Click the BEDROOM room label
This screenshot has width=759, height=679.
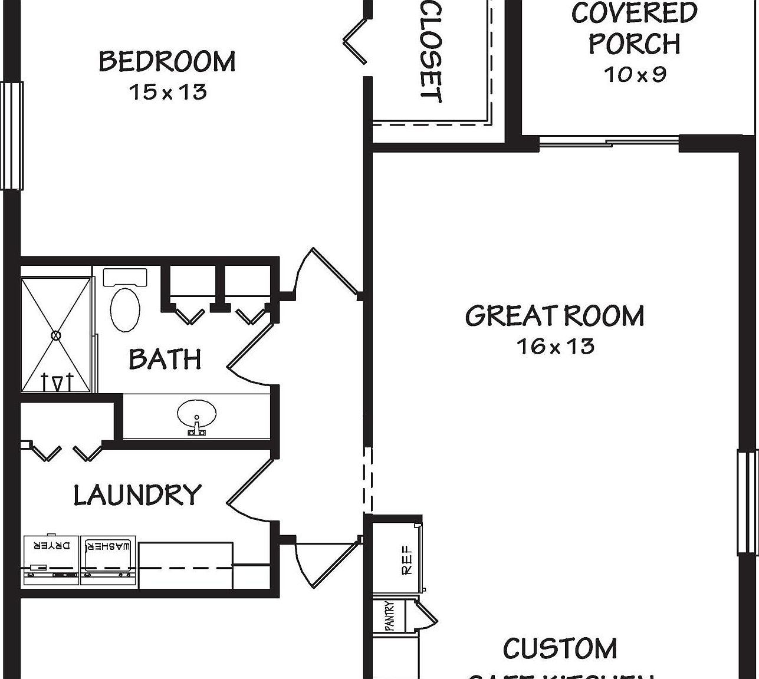pos(167,62)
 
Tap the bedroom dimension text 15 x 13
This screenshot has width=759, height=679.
pos(168,92)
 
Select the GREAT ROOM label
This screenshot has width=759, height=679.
pos(554,316)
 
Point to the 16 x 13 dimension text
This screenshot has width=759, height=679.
pos(556,346)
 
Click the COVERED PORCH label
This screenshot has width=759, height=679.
pos(635,28)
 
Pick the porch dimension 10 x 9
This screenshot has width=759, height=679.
pos(635,74)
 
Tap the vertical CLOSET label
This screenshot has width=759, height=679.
pos(431,52)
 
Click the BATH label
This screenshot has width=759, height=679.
pos(165,359)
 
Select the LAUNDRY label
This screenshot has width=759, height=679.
pos(137,495)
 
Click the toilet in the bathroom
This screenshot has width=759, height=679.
pos(125,304)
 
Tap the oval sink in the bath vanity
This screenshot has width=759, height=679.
pos(196,415)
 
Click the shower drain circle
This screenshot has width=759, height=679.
pos(56,335)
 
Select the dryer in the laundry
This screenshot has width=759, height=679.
pos(51,560)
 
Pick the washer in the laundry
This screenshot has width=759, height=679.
pos(108,560)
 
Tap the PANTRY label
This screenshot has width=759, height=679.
pos(390,616)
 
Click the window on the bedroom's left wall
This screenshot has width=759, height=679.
pos(12,136)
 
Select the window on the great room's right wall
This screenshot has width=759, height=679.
pos(747,502)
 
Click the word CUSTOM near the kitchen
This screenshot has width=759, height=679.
pos(560,649)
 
